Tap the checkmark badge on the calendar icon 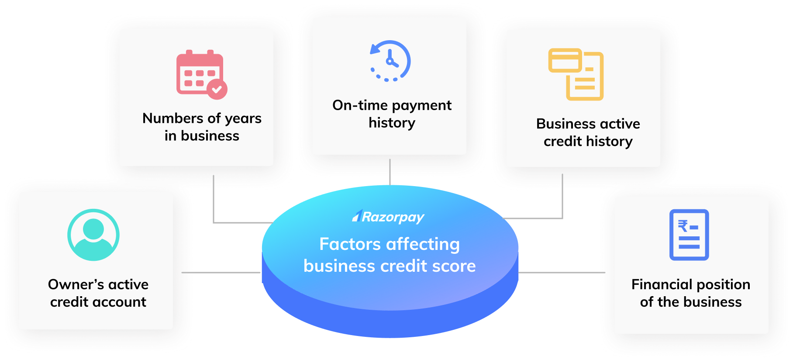tap(217, 89)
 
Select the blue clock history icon tap(390, 61)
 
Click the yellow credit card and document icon tap(576, 74)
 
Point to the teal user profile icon tap(93, 235)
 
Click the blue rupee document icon tap(689, 235)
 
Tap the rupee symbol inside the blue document tap(683, 226)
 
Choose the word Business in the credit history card tap(565, 124)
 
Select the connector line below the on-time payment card tap(390, 172)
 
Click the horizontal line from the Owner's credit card tap(221, 273)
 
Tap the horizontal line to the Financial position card tap(562, 273)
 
